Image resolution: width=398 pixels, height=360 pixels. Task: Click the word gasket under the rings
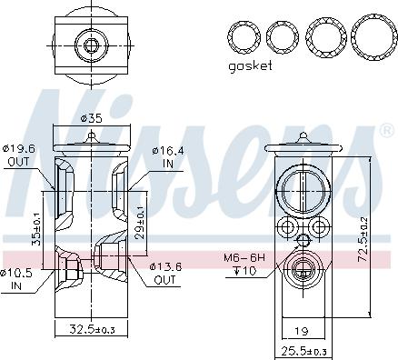click(250, 66)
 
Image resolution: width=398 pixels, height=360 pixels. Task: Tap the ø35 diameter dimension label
click(91, 118)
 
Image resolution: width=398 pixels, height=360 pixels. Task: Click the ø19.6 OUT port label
click(19, 155)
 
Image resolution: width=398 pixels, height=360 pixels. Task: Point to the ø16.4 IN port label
click(168, 157)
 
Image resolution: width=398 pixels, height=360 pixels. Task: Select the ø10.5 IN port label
click(16, 279)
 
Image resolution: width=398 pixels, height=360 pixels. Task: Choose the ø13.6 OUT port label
click(165, 273)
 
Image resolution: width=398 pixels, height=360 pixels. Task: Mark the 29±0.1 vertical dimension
click(141, 223)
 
